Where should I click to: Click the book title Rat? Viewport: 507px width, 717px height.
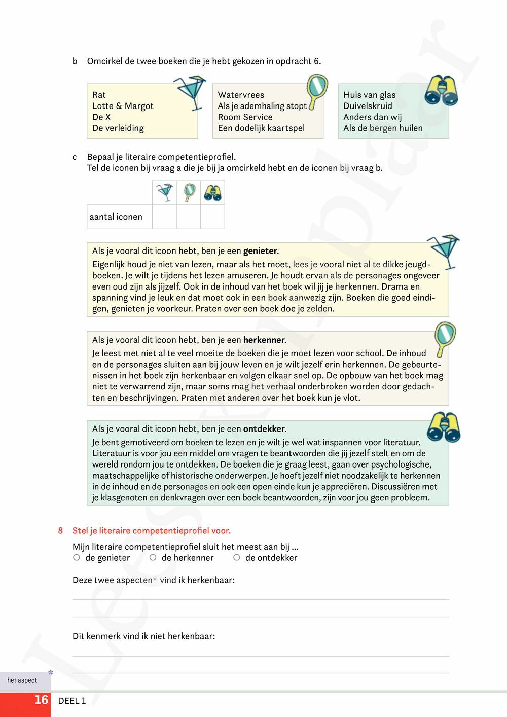(99, 95)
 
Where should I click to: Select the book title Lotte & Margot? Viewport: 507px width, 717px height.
(123, 106)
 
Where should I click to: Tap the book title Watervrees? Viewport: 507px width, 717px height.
(241, 95)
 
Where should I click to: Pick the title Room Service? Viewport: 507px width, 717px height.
(245, 117)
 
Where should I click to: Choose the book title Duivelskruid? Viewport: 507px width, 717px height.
(368, 106)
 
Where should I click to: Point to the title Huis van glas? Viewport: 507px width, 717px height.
(369, 95)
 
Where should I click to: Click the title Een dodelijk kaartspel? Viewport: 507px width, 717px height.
(261, 128)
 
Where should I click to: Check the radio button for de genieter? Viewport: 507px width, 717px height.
(77, 557)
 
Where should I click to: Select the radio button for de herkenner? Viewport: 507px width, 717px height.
(153, 557)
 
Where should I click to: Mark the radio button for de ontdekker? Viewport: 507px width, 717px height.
(236, 557)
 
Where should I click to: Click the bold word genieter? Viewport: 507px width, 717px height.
(260, 250)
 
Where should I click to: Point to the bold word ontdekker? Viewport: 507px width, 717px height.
(264, 428)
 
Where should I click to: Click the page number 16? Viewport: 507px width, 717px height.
(41, 700)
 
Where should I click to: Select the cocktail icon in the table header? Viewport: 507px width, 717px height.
(164, 193)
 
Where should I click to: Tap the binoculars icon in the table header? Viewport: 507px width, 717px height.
(212, 193)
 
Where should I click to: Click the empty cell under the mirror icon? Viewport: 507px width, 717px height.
(189, 217)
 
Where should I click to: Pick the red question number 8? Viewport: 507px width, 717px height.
(60, 531)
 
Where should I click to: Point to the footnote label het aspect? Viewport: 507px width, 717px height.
(22, 680)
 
